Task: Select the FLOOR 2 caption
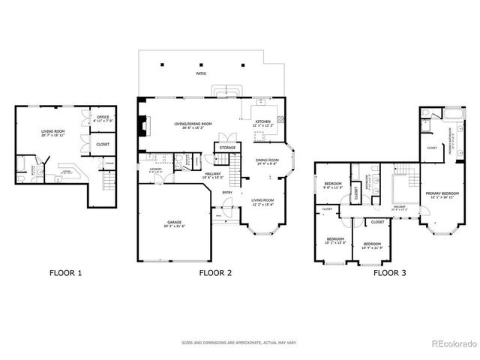[x=215, y=273]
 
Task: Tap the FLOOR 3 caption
[x=389, y=273]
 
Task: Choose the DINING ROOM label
[x=268, y=161]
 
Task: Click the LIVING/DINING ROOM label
[x=193, y=124]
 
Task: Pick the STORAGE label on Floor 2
[x=227, y=148]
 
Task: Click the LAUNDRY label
[x=156, y=169]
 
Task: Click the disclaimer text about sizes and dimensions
[x=239, y=343]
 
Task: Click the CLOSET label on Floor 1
[x=103, y=144]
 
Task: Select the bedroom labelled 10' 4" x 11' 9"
[x=373, y=245]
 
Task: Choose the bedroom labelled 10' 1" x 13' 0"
[x=334, y=241]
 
